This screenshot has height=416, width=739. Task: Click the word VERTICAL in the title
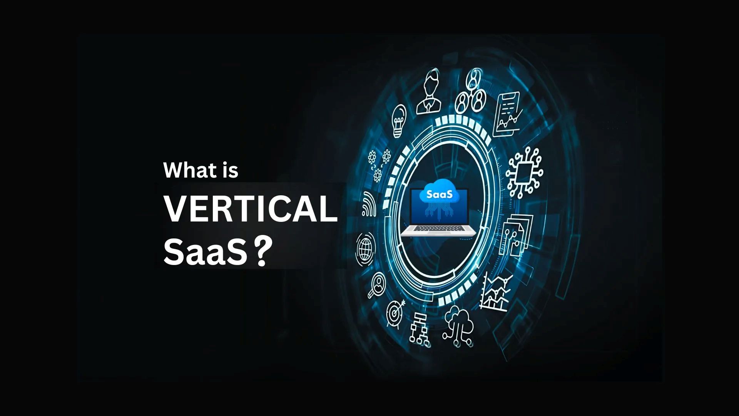(251, 210)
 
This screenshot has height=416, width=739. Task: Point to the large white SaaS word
(205, 252)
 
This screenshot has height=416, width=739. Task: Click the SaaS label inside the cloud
(437, 195)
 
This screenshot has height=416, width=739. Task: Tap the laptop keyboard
(439, 230)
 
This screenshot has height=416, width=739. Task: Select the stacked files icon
(516, 235)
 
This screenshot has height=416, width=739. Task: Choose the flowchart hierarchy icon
(419, 330)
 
